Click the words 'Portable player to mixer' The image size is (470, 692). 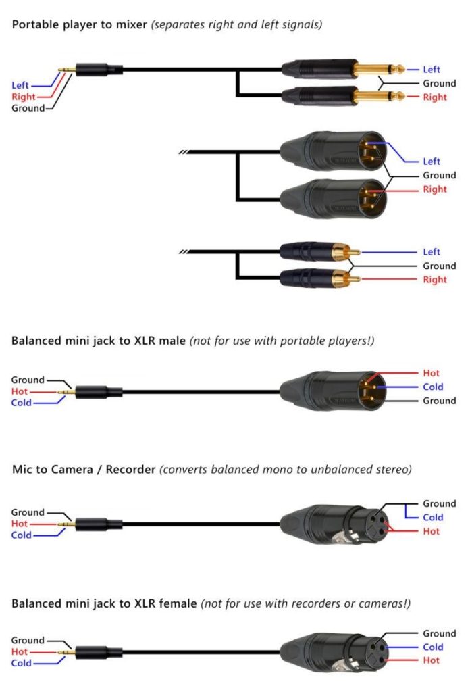click(80, 25)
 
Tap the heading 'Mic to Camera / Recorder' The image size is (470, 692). click(84, 469)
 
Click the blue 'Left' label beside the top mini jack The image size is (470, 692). click(20, 85)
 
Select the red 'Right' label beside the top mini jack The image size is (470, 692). click(24, 97)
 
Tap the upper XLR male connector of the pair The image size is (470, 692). click(334, 151)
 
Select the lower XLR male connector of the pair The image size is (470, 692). click(334, 199)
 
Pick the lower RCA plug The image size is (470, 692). click(319, 278)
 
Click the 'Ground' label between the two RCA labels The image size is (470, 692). click(439, 266)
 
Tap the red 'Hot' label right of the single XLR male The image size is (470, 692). click(432, 373)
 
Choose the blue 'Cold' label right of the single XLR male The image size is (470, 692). click(433, 387)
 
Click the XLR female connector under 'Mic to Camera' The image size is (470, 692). click(334, 524)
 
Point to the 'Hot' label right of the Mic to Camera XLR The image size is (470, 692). click(432, 531)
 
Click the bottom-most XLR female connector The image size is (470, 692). click(334, 652)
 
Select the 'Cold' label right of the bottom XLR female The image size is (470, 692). click(433, 647)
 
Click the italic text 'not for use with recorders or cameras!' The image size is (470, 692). click(305, 603)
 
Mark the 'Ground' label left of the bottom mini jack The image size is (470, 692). click(28, 640)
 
